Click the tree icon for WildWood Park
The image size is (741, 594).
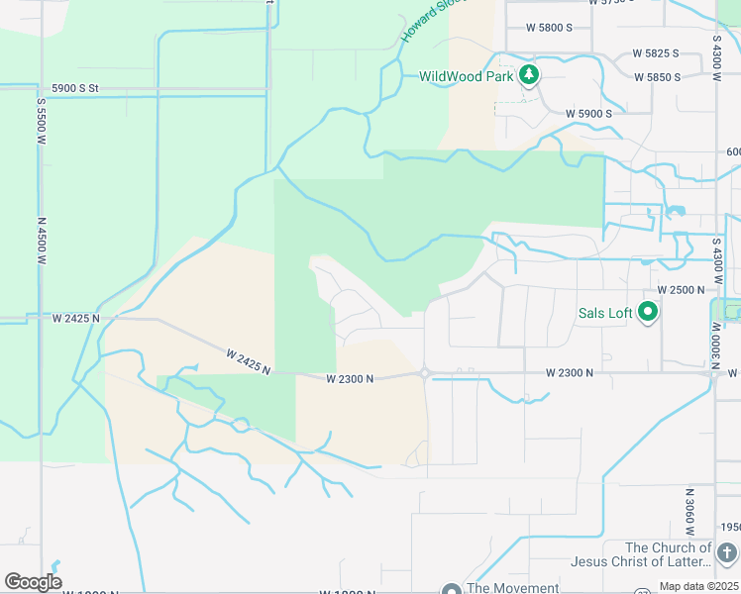(x=530, y=74)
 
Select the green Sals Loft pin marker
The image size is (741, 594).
(x=649, y=313)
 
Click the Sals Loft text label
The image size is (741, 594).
(x=605, y=314)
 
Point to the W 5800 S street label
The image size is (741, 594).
(x=550, y=28)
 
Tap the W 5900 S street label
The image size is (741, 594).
(x=588, y=114)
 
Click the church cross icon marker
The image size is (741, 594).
(x=727, y=552)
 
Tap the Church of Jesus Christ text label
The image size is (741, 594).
(x=641, y=554)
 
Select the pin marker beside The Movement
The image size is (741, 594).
(x=452, y=588)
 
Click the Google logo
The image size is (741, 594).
(x=33, y=582)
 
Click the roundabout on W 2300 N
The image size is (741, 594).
(x=424, y=374)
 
